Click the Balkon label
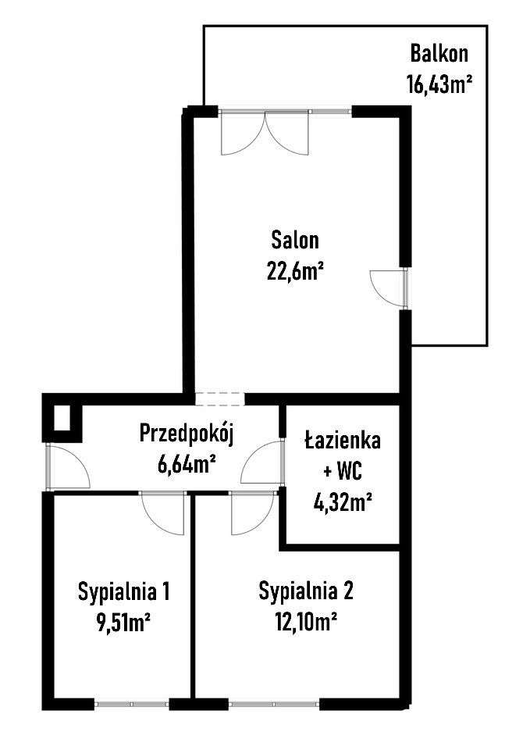coord(439,54)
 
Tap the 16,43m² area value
coord(439,83)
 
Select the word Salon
coord(295,239)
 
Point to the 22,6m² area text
coord(295,270)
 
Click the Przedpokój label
coord(186,432)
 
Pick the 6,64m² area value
coord(186,464)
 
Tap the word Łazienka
coord(342,441)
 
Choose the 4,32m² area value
coord(342,501)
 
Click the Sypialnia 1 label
coord(124,591)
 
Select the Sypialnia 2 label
coord(306,591)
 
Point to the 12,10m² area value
coord(306,622)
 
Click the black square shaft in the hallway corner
coord(61,420)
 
